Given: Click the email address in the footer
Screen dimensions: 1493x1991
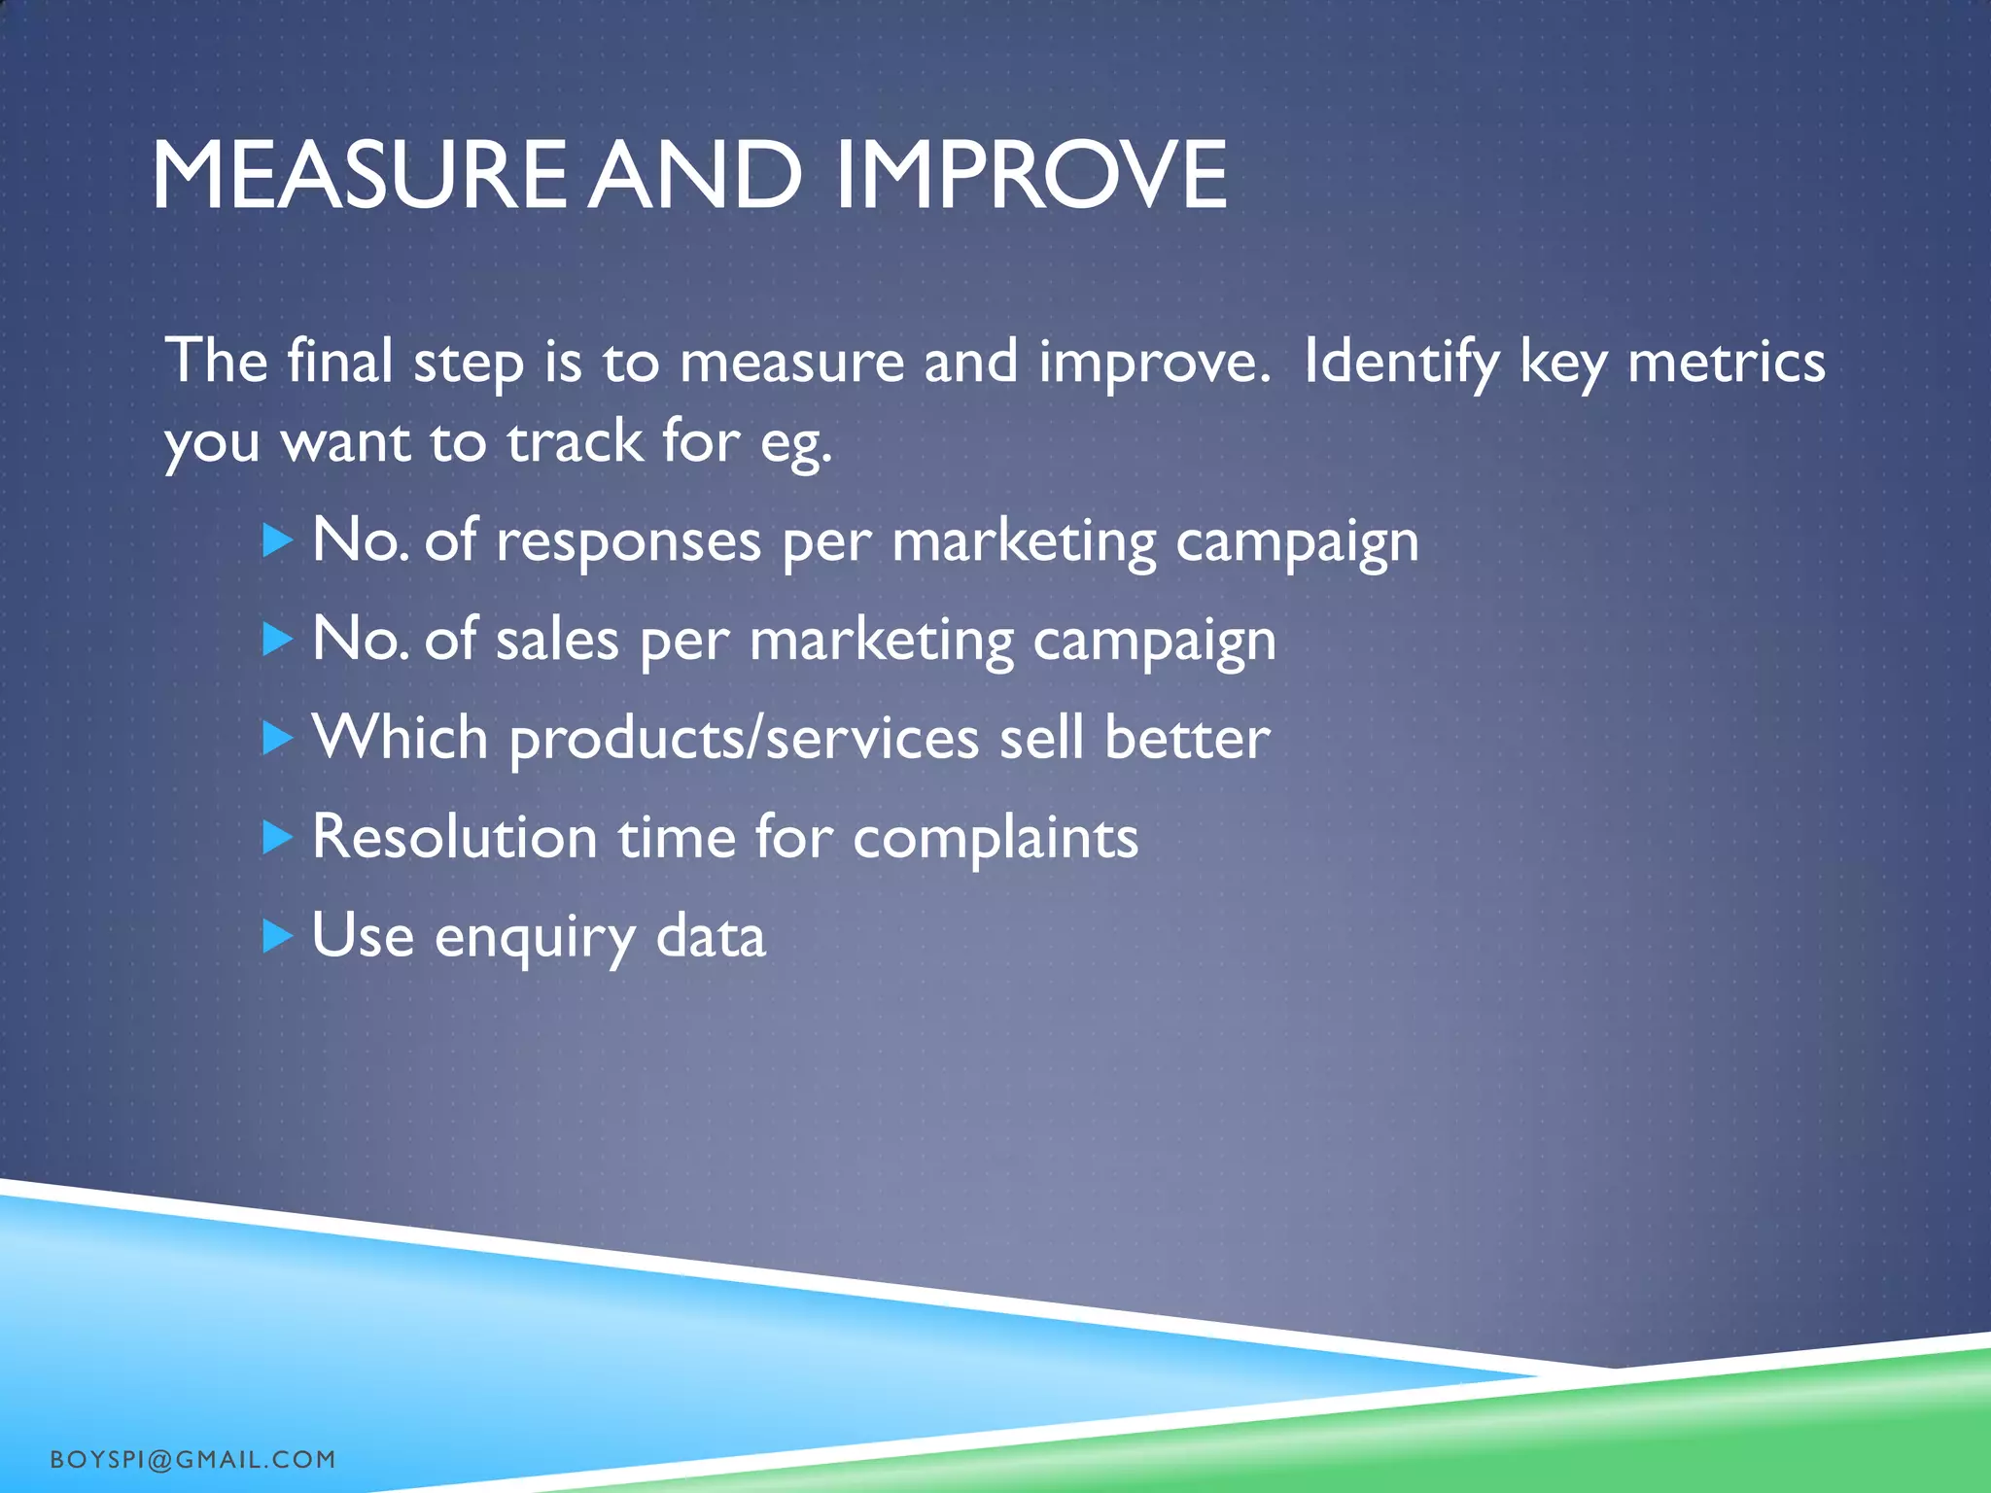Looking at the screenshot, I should pyautogui.click(x=192, y=1459).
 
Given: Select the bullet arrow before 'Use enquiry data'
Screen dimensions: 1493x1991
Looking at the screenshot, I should pyautogui.click(x=277, y=936).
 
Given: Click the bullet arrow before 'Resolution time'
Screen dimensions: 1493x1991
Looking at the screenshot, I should pyautogui.click(x=277, y=837).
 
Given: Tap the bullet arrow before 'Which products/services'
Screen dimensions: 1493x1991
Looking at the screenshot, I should pyautogui.click(x=277, y=739).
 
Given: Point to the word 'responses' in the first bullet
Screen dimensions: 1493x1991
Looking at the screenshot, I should pyautogui.click(x=628, y=541).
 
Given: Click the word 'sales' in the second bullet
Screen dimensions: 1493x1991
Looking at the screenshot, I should pyautogui.click(x=556, y=642).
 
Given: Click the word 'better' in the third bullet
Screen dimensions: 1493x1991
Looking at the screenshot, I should pyautogui.click(x=1187, y=738).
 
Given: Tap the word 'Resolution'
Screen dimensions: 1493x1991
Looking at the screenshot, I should pyautogui.click(x=454, y=837).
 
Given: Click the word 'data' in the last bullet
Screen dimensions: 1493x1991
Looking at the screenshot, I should pyautogui.click(x=711, y=937).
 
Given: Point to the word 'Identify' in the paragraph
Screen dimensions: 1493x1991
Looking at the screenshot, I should pyautogui.click(x=1401, y=363).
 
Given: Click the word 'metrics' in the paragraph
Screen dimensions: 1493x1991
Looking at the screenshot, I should pyautogui.click(x=1726, y=363).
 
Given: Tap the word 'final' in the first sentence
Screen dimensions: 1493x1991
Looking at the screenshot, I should pyautogui.click(x=339, y=361).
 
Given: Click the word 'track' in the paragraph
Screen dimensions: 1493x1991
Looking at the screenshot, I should pyautogui.click(x=575, y=442).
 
